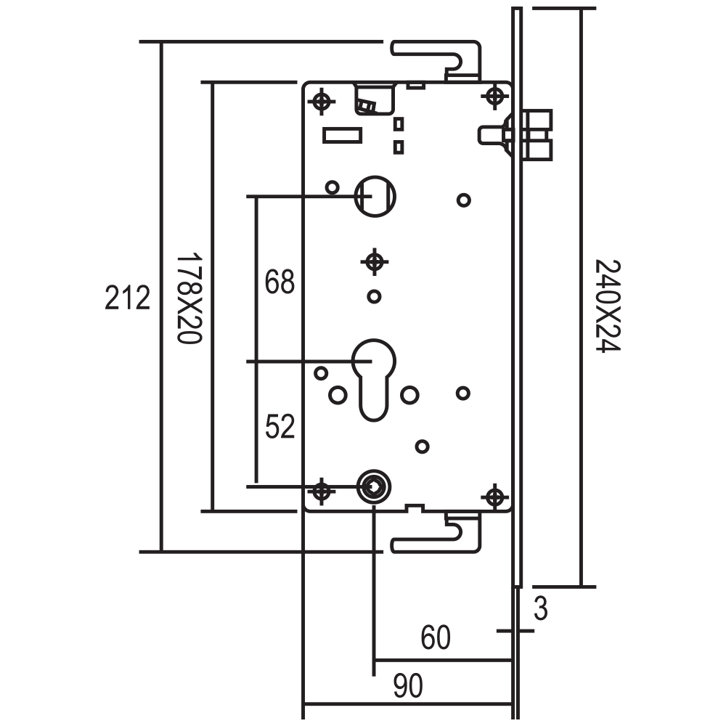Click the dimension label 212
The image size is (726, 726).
tap(127, 298)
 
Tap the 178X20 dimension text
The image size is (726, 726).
tap(189, 298)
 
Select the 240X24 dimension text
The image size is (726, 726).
tap(607, 306)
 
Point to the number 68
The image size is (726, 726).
tap(280, 281)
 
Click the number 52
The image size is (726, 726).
tap(280, 426)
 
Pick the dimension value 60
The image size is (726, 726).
tap(435, 637)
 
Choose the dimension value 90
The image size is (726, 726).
tap(408, 686)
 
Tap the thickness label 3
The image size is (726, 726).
tap(540, 608)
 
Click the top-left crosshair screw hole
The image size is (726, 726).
tap(322, 100)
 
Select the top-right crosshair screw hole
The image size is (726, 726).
tap(495, 97)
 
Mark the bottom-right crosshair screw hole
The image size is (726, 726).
tap(495, 497)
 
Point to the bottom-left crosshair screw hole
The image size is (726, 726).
tap(322, 491)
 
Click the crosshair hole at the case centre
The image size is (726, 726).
tap(374, 262)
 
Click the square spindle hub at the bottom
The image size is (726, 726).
tap(373, 486)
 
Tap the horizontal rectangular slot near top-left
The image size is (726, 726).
tap(342, 135)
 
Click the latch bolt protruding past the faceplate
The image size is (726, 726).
tap(537, 135)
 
